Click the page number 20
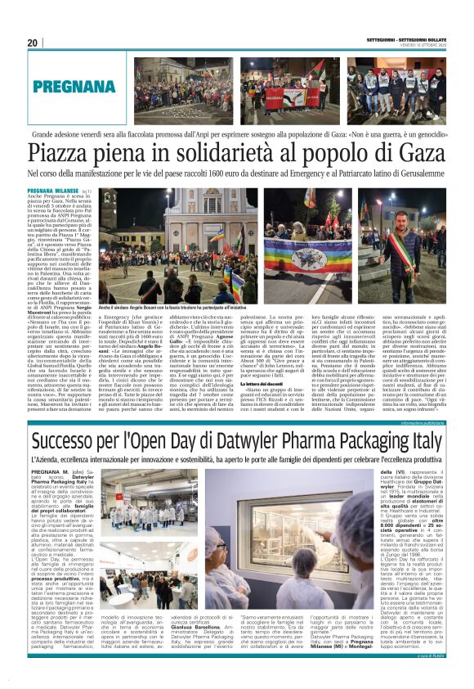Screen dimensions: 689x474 [33, 43]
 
